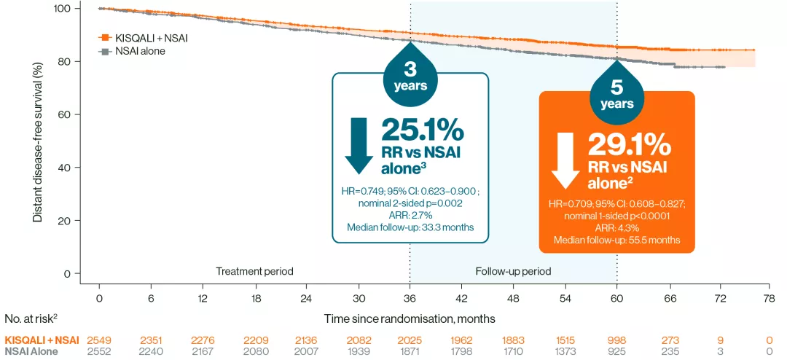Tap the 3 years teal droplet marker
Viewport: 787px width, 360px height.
tap(410, 77)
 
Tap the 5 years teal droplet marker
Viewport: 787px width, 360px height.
tap(616, 95)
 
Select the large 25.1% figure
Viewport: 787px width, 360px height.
tap(423, 130)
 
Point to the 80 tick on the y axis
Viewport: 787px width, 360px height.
tap(65, 61)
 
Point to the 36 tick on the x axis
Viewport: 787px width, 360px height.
tap(410, 297)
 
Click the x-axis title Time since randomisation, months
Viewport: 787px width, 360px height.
tap(410, 318)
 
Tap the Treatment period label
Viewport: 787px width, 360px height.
tap(254, 271)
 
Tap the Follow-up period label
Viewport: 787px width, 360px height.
tap(513, 271)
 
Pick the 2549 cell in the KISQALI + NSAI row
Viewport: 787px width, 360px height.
tap(98, 340)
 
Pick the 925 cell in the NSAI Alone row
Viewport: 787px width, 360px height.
tap(616, 352)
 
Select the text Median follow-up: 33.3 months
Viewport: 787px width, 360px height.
tap(410, 227)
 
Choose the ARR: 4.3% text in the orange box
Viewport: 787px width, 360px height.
tap(616, 227)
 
